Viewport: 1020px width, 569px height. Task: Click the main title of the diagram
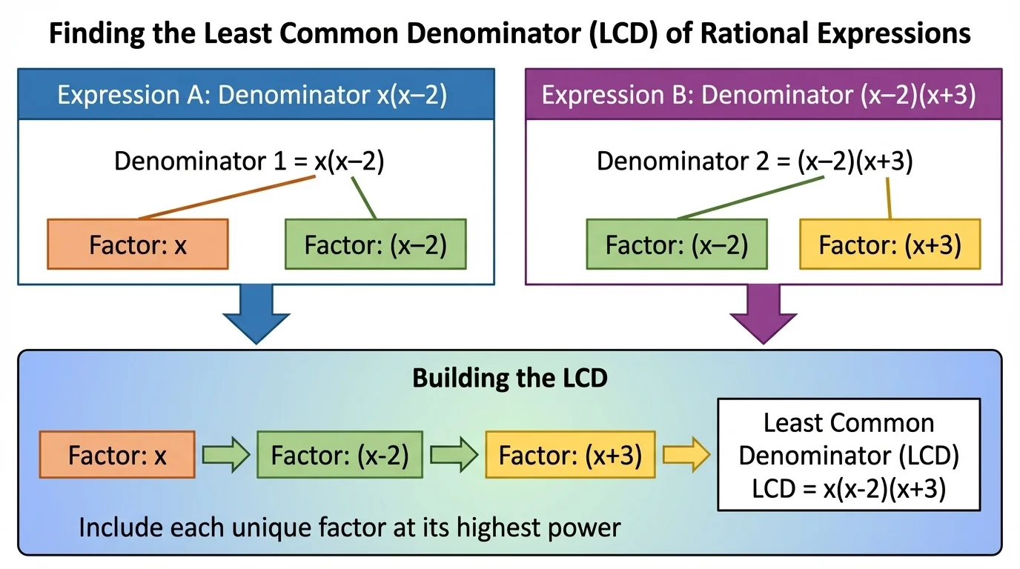pyautogui.click(x=510, y=34)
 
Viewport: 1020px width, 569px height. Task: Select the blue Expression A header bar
pyautogui.click(x=256, y=96)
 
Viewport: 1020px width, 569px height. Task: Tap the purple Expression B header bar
pyautogui.click(x=764, y=96)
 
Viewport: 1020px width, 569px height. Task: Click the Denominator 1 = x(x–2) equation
pyautogui.click(x=249, y=162)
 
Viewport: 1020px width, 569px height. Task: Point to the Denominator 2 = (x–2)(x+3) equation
pyautogui.click(x=755, y=162)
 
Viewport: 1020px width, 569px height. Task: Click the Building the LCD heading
pyautogui.click(x=510, y=378)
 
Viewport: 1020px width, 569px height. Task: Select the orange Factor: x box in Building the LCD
pyautogui.click(x=117, y=455)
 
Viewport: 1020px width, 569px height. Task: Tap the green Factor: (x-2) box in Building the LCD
pyautogui.click(x=340, y=455)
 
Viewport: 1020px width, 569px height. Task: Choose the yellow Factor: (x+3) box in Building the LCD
pyautogui.click(x=571, y=455)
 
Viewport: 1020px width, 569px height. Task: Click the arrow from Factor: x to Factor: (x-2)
pyautogui.click(x=225, y=455)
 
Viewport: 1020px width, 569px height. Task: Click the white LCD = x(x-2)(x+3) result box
pyautogui.click(x=849, y=456)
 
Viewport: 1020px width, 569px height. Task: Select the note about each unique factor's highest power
pyautogui.click(x=349, y=528)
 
